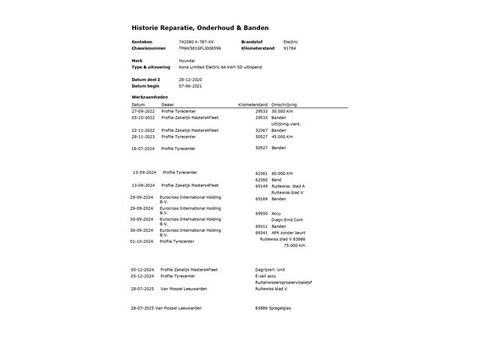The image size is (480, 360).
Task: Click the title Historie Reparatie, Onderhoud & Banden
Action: click(200, 27)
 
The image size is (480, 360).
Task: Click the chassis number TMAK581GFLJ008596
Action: click(200, 47)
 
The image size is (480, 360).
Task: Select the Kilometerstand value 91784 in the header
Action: click(289, 47)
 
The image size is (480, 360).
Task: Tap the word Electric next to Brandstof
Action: click(290, 41)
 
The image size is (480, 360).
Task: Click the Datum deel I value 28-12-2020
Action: click(191, 79)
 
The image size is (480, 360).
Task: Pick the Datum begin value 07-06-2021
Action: click(191, 85)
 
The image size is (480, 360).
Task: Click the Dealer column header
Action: click(167, 104)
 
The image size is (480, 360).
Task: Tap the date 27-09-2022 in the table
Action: click(143, 111)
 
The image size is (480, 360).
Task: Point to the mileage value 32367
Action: click(262, 130)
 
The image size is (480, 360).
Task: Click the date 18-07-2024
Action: click(143, 148)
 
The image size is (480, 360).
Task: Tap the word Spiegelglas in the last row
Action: click(284, 308)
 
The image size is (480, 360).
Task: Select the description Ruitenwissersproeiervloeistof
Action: click(283, 282)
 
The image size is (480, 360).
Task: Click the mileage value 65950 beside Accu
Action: click(262, 214)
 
